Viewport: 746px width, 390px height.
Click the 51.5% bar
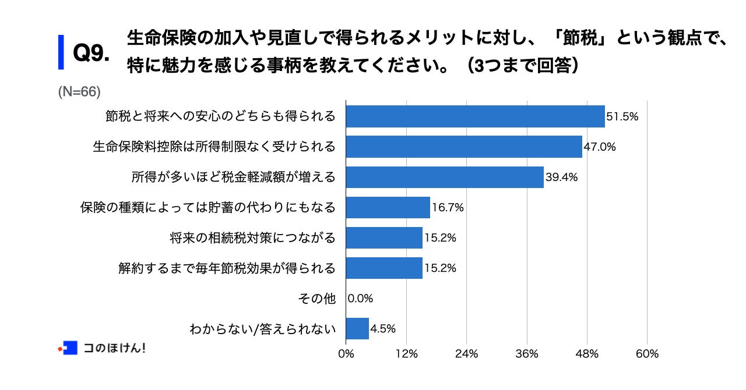(475, 116)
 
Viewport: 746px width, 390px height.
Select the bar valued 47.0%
(464, 147)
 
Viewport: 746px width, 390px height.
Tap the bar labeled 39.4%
(445, 177)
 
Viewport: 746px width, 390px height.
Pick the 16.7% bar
(388, 207)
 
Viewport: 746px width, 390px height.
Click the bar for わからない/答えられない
(357, 328)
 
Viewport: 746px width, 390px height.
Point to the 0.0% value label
(360, 299)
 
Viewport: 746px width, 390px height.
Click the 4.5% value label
(383, 328)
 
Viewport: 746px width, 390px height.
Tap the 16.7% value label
(448, 207)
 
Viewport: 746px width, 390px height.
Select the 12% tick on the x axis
(406, 353)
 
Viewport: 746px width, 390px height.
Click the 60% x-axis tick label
(647, 353)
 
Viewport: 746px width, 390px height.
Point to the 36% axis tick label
(527, 353)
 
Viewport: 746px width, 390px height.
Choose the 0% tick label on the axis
(346, 353)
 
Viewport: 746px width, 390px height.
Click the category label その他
(316, 299)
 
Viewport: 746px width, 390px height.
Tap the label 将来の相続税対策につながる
(253, 237)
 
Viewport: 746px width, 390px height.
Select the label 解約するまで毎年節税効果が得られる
(227, 268)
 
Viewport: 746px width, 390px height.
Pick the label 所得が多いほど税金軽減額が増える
(234, 177)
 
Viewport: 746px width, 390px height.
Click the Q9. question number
(92, 54)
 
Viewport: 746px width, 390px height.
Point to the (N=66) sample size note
(80, 91)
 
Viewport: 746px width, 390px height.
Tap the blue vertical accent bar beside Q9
(61, 52)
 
